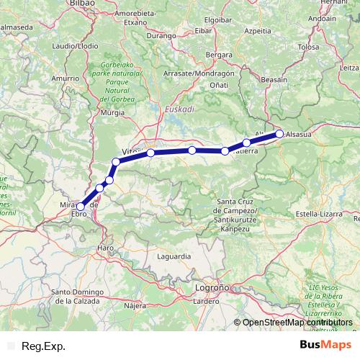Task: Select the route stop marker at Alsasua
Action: (279, 133)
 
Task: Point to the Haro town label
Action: (106, 248)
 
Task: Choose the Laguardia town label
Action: (174, 256)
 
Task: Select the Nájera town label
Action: (135, 305)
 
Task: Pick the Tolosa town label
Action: (307, 47)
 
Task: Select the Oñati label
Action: (219, 85)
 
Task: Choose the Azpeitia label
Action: (257, 32)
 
